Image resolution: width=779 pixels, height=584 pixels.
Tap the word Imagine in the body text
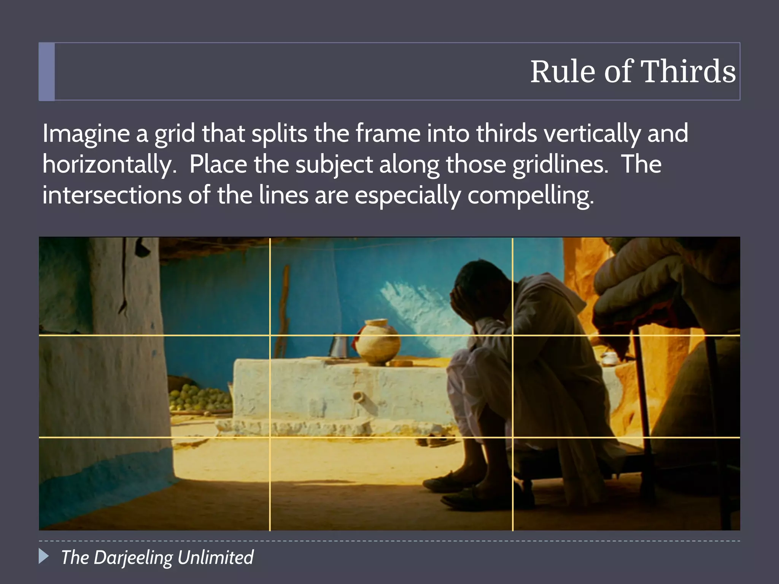tap(86, 134)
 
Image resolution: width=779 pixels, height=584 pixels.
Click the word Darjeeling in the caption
tap(133, 558)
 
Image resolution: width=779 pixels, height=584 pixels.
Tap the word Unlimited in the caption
tap(215, 557)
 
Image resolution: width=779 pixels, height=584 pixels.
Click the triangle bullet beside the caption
tap(44, 556)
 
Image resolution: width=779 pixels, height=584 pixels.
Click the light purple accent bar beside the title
tap(47, 71)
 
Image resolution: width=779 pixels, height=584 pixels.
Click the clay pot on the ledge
tap(379, 342)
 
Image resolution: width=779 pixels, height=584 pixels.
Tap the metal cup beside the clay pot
tap(338, 346)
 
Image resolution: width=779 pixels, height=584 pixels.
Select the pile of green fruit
tap(198, 397)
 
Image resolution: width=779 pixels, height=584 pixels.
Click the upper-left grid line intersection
tap(270, 335)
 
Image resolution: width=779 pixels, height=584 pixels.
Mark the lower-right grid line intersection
tap(513, 438)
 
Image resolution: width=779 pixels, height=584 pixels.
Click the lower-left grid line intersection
tap(270, 438)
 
